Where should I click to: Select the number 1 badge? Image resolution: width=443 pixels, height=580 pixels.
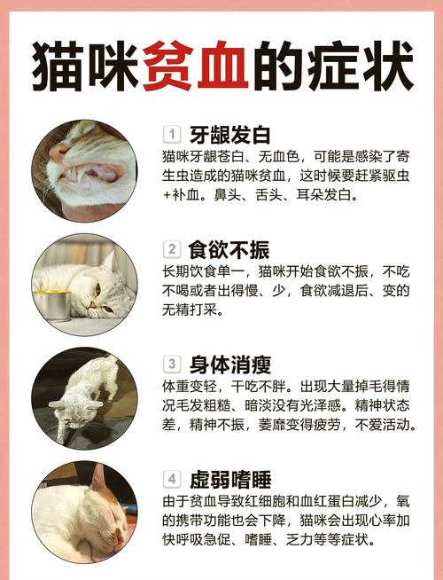(x=172, y=135)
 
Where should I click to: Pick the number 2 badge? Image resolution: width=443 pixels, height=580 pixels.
(x=172, y=249)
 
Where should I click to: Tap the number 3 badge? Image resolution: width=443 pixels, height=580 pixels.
(x=172, y=364)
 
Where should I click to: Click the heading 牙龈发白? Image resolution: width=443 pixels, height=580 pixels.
(x=229, y=135)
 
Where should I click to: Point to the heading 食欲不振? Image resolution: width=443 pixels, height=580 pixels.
(x=229, y=249)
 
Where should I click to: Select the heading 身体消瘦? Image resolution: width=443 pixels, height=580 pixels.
(x=229, y=364)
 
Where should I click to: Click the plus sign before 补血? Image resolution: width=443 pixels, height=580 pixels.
(x=167, y=193)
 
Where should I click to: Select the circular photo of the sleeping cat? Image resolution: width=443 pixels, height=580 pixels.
(x=85, y=513)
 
